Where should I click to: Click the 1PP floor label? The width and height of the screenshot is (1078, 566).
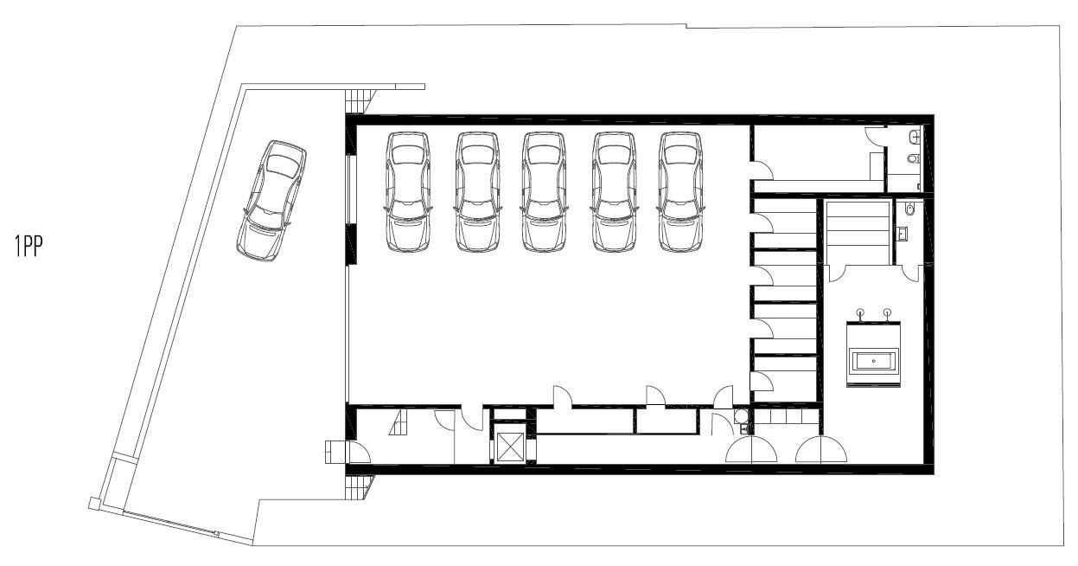click(29, 246)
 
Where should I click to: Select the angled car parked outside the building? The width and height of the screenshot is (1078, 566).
click(271, 201)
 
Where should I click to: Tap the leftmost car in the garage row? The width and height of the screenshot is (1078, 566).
click(408, 192)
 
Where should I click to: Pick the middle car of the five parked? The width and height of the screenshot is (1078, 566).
click(544, 192)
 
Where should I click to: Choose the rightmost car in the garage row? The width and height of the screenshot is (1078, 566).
click(680, 192)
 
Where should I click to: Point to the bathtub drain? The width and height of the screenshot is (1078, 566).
click(873, 361)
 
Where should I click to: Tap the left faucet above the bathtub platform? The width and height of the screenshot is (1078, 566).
click(860, 314)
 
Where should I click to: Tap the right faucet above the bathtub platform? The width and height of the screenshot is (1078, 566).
click(888, 314)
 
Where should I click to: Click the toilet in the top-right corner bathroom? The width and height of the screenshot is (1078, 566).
click(914, 158)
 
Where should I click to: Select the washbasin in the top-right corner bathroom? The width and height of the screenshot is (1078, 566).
click(915, 138)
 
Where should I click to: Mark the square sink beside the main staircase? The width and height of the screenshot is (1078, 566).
click(903, 235)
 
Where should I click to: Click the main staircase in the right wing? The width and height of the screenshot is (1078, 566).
click(858, 233)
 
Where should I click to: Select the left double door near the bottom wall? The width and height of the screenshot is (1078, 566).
click(751, 449)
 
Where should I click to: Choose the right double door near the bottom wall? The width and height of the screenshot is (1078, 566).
click(821, 449)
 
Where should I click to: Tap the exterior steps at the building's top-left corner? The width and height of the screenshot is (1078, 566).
click(359, 101)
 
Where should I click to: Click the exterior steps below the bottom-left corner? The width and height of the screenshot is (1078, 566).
click(359, 487)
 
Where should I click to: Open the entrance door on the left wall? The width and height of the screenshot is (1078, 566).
click(358, 452)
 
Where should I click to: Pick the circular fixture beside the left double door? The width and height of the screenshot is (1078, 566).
click(741, 415)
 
